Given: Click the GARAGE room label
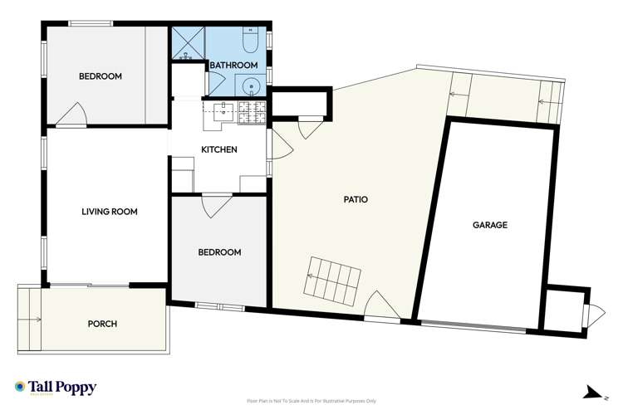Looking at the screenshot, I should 490,225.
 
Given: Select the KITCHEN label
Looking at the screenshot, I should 219,150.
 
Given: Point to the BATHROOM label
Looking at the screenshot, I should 233,65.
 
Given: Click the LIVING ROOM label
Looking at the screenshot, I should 109,212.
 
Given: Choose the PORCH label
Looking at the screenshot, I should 102,324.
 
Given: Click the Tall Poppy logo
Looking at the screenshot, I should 56,388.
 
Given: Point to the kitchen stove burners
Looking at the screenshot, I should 252,113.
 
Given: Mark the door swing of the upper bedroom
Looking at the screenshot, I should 71,115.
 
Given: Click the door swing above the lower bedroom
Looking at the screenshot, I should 216,204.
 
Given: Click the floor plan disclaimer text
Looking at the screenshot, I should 311,402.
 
